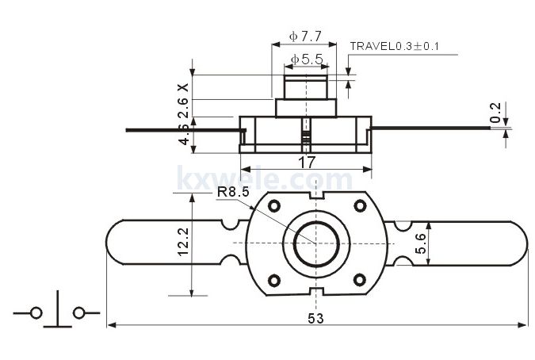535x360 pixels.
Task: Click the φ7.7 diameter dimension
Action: pos(305,36)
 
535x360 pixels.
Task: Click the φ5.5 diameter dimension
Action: pos(306,59)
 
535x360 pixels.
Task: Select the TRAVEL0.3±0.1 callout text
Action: pos(394,46)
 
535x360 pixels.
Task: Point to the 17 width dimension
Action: pos(306,161)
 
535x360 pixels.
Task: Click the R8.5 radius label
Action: pos(235,191)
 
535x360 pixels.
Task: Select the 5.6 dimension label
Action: pos(421,243)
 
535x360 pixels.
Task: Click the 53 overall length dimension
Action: pos(316,318)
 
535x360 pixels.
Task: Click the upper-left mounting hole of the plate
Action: pos(274,206)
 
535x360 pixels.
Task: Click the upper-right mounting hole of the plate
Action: pos(359,206)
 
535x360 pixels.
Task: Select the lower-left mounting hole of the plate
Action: pos(274,279)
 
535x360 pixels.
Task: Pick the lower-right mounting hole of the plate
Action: pos(359,279)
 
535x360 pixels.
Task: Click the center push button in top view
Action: pos(316,243)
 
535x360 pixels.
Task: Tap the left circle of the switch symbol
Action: pos(36,313)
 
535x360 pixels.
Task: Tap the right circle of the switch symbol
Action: pos(78,313)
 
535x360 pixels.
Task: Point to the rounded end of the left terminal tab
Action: pos(115,243)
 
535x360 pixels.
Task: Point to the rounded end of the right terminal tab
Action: pos(518,243)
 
